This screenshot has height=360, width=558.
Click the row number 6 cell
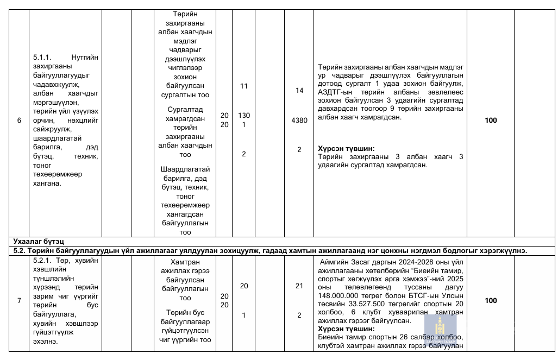(x=19, y=121)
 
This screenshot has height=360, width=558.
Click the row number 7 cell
(x=19, y=300)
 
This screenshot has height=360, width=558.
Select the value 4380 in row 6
(x=299, y=121)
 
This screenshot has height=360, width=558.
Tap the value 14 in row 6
(x=299, y=91)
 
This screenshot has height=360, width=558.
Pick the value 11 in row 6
(x=243, y=86)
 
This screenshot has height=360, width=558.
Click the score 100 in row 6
(x=491, y=121)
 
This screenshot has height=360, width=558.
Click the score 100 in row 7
(x=491, y=300)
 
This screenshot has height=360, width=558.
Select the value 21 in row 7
(x=299, y=286)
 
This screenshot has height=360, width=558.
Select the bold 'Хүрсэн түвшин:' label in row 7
(x=346, y=329)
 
